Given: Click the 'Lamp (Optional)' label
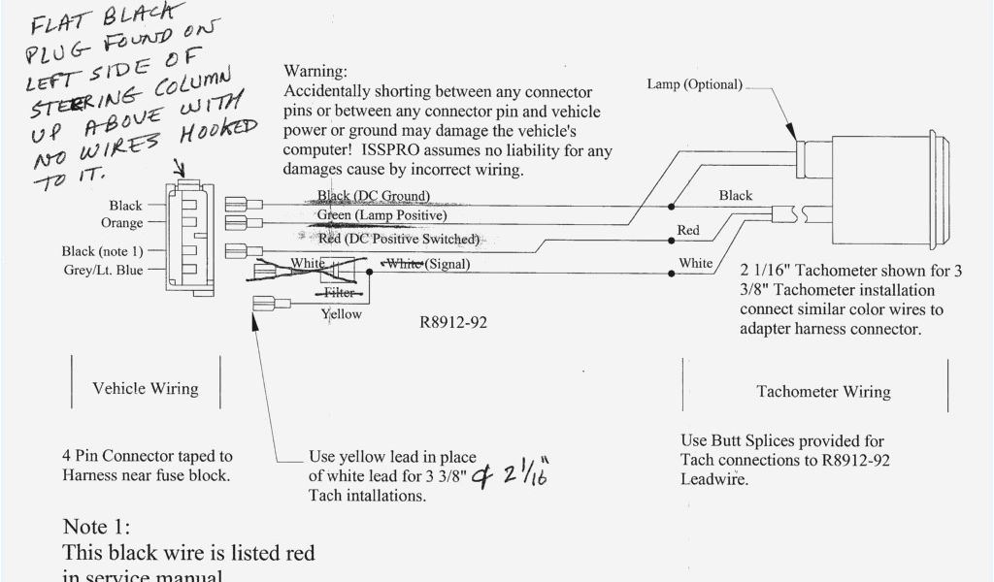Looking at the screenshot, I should (x=694, y=84).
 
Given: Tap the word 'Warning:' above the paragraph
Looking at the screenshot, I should (x=315, y=72).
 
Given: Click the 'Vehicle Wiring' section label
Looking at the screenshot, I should (x=146, y=388).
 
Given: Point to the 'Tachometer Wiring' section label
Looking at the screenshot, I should (x=823, y=392).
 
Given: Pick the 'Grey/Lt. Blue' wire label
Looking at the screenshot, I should (x=102, y=271).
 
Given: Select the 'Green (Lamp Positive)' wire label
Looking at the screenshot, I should (x=381, y=214).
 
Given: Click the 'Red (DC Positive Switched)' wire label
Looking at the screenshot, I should (x=399, y=239).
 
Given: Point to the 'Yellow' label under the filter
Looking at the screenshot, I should (x=341, y=314).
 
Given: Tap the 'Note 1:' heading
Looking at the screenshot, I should (x=96, y=527).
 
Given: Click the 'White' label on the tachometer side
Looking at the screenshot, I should (x=695, y=263).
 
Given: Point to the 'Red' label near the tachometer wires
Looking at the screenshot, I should (x=688, y=231).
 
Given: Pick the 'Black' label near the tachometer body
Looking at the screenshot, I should (x=735, y=196).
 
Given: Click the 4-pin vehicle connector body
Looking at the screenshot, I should (x=191, y=237).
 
